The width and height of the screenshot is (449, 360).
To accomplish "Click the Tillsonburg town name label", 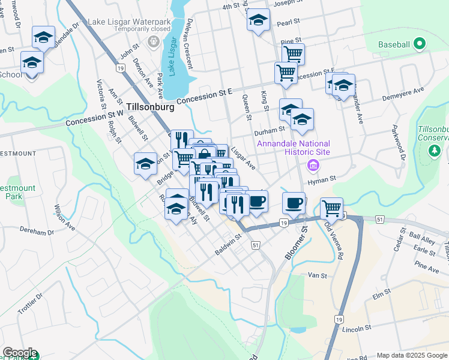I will pyautogui.click(x=151, y=107).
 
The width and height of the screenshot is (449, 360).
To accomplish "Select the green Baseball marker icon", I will pyautogui.click(x=420, y=44).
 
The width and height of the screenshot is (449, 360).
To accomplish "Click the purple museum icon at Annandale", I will pyautogui.click(x=312, y=165).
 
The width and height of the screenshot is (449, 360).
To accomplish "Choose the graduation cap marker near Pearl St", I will pyautogui.click(x=258, y=20).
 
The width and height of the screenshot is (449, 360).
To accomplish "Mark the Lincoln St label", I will pyautogui.click(x=356, y=329).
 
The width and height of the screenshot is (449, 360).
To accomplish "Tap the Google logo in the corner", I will pyautogui.click(x=19, y=353).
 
